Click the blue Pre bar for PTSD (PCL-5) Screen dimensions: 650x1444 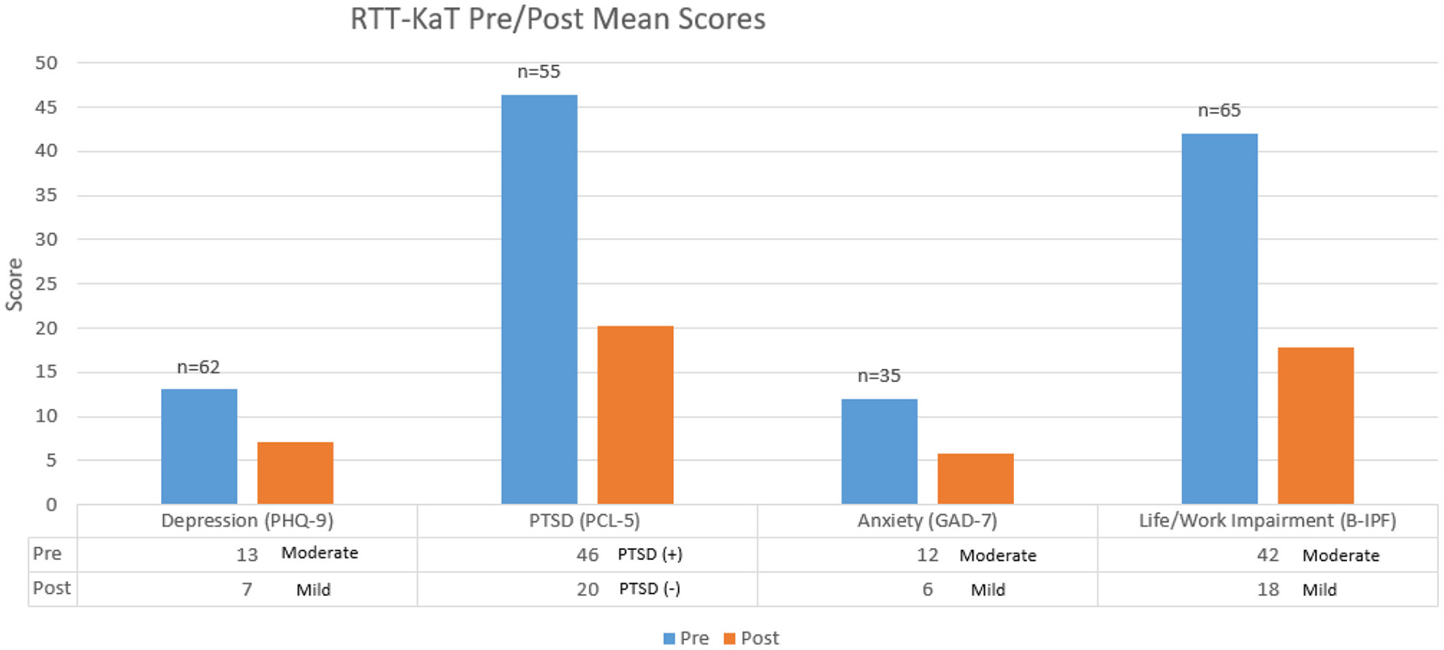(x=539, y=299)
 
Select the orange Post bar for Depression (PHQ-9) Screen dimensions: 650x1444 (x=295, y=473)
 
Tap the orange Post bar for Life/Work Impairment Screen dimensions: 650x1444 (x=1315, y=426)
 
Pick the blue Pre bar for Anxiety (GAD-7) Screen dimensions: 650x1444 (x=879, y=452)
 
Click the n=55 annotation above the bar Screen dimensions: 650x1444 (x=539, y=71)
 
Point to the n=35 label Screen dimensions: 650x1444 (x=879, y=375)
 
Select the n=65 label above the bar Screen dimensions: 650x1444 (x=1219, y=110)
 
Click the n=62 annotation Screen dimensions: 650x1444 (x=198, y=367)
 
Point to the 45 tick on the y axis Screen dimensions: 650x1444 (x=46, y=107)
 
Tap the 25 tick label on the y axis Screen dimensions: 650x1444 (x=46, y=283)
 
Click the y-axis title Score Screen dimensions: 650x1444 (x=14, y=285)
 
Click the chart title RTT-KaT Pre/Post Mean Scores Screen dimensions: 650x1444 (x=557, y=19)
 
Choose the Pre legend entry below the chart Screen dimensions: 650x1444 (x=686, y=638)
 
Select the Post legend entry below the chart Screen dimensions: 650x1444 (x=751, y=638)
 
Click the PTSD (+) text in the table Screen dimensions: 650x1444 (x=650, y=554)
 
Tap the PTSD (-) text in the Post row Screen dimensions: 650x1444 (x=649, y=589)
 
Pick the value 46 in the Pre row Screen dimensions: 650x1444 (x=587, y=554)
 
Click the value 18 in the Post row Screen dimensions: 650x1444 (x=1267, y=590)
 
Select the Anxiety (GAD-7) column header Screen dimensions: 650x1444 (x=927, y=521)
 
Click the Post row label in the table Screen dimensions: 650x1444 (x=52, y=588)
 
